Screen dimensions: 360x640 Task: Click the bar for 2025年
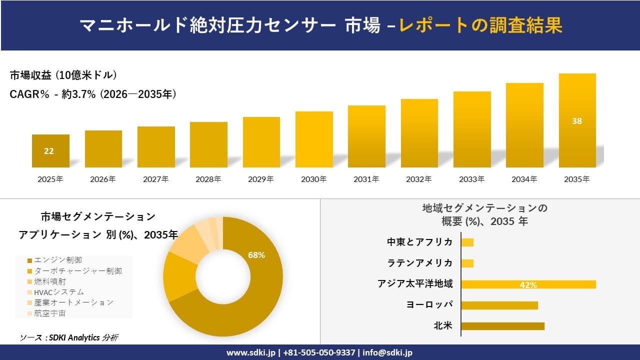point(50,151)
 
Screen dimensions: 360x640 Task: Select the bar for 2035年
point(577,120)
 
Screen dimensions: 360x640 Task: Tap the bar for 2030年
point(314,139)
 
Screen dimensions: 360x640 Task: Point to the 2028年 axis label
point(208,179)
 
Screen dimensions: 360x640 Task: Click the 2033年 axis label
point(472,179)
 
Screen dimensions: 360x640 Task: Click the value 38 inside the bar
point(577,121)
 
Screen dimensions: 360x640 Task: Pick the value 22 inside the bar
point(49,151)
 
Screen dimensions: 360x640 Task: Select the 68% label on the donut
point(256,255)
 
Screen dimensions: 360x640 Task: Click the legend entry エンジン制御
point(58,260)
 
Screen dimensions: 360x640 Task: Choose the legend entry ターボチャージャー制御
point(77,270)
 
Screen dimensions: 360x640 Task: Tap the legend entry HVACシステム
point(59,292)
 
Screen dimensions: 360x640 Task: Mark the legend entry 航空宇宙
point(50,313)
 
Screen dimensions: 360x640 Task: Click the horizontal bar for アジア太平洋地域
point(528,284)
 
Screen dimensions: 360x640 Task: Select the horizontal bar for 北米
point(502,326)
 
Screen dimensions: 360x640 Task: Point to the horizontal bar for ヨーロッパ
point(499,305)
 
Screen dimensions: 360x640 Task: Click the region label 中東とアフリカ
point(420,242)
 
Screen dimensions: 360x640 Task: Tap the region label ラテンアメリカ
point(420,263)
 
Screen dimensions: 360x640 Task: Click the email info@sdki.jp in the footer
point(388,352)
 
